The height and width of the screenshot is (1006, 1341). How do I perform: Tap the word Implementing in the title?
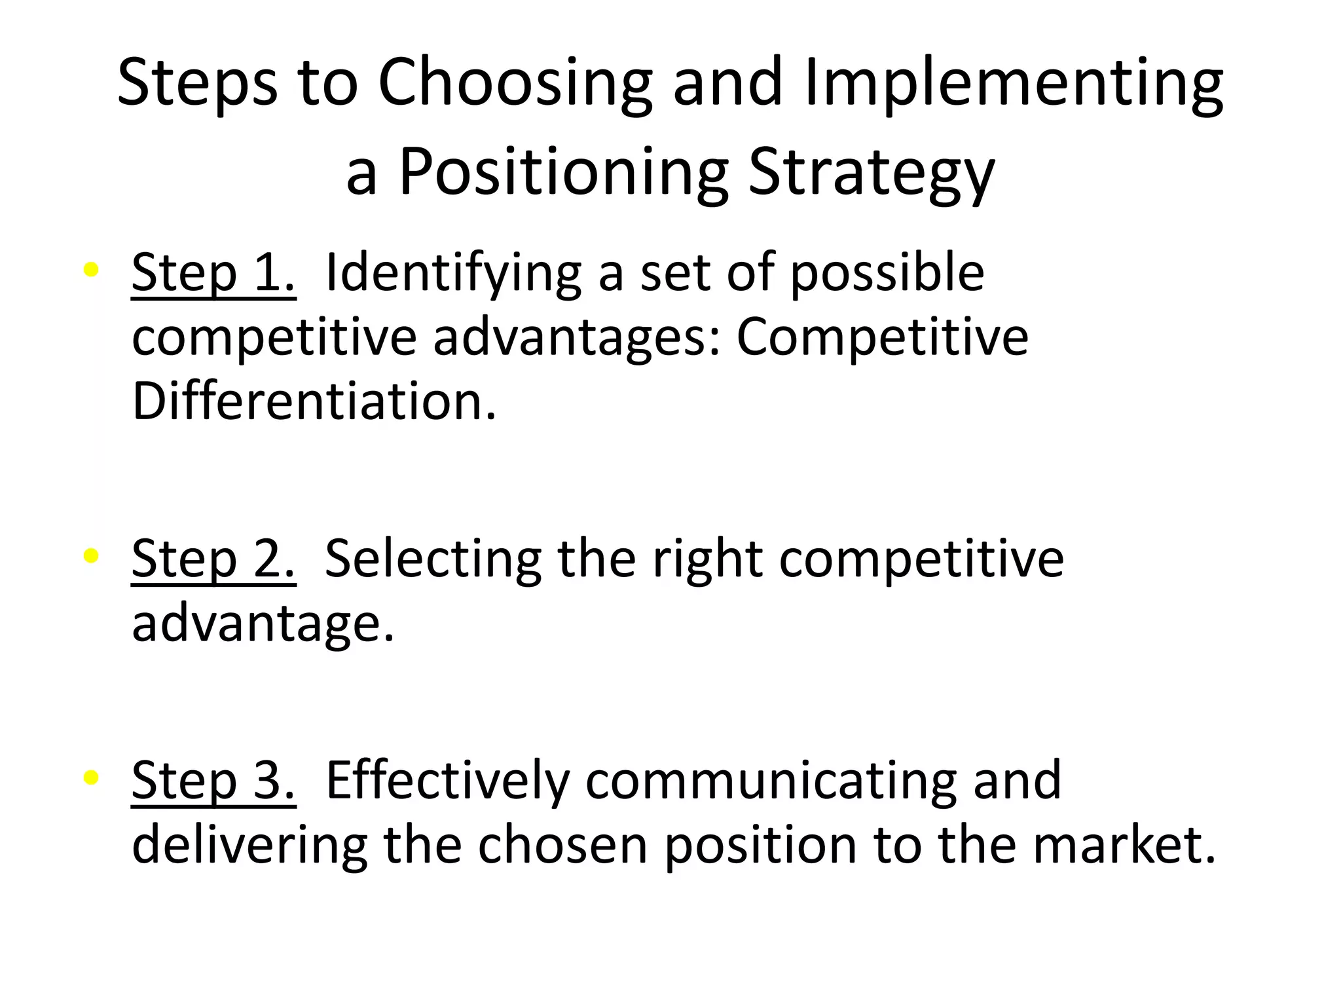click(1014, 83)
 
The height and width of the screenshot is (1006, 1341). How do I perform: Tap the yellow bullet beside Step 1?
click(91, 269)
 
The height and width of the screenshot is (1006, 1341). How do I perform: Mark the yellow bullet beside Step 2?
click(91, 556)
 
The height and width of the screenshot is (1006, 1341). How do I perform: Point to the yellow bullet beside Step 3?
click(91, 777)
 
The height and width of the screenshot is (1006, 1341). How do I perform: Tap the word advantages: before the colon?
click(576, 337)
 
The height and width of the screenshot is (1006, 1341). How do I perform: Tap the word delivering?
click(250, 845)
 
